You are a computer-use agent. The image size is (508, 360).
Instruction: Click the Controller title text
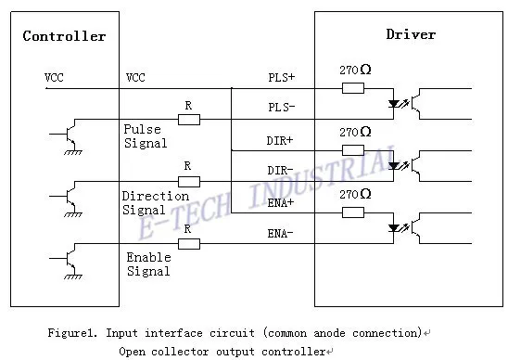pos(64,36)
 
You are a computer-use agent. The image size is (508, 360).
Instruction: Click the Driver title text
pos(411,34)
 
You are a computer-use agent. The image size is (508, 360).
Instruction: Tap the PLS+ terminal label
pos(282,77)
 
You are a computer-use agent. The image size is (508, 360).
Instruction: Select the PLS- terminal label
pos(282,107)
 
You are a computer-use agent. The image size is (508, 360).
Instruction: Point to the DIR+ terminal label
pos(280,140)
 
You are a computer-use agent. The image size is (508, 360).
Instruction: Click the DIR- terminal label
pos(280,170)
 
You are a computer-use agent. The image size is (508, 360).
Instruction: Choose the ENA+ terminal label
pos(281,202)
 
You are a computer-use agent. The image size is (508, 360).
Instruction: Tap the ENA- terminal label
pos(280,233)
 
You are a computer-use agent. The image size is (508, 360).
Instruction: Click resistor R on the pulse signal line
pos(189,120)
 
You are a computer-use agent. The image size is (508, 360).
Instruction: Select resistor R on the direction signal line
pos(189,182)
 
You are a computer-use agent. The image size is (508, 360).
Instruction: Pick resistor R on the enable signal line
pos(189,244)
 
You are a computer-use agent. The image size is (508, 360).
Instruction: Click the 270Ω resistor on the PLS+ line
pos(353,88)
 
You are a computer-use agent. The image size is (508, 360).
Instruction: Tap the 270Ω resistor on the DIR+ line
pos(353,150)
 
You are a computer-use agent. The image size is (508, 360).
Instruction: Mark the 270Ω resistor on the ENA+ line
pos(353,212)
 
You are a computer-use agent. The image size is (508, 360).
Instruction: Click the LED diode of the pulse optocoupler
pos(394,104)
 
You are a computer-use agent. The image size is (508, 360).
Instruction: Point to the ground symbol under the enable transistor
pos(73,276)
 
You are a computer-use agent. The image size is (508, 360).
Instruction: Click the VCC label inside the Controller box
pos(54,78)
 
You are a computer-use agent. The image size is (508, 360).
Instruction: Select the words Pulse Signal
pos(146,136)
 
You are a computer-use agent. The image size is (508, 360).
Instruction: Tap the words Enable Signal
pos(148,264)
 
